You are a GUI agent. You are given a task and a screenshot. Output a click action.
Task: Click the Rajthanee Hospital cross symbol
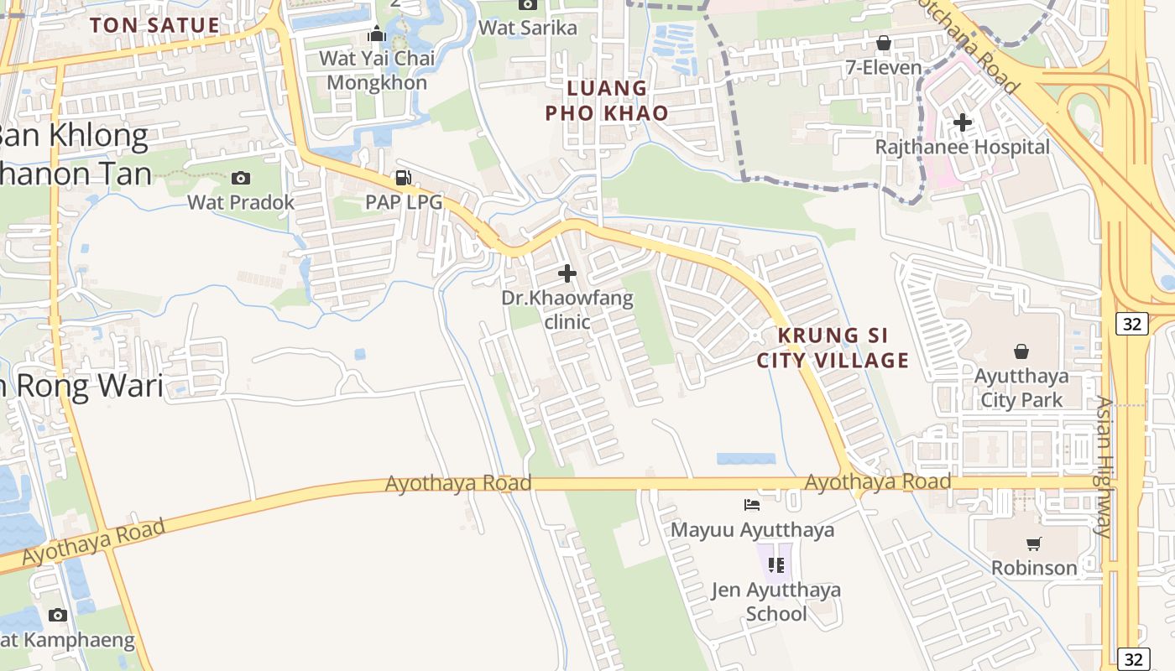pos(962,122)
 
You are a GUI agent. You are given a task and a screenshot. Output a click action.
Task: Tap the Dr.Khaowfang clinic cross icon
pos(567,273)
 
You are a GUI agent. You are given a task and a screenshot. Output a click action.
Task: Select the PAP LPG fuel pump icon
pos(404,178)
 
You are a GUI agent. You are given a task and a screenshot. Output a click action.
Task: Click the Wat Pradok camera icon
pos(241,178)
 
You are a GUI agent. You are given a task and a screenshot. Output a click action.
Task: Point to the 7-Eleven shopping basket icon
pos(883,43)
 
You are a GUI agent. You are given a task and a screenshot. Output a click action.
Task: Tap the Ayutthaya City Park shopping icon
pos(1021,351)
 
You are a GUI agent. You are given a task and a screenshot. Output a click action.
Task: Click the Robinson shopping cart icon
pos(1033,544)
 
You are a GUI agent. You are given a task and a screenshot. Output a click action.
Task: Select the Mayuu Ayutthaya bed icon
pos(752,505)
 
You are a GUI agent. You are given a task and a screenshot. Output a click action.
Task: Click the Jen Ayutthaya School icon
pos(776,564)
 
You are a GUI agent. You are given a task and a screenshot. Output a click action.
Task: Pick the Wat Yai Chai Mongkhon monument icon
pos(377,34)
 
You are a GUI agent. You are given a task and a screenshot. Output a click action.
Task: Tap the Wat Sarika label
pos(528,28)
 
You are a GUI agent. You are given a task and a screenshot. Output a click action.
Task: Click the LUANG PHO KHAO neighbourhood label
pos(607,101)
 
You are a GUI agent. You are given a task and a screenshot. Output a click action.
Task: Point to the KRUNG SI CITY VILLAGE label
pos(833,348)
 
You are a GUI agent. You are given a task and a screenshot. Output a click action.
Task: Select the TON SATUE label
pos(154,25)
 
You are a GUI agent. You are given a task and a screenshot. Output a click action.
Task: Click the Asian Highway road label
pos(1104,466)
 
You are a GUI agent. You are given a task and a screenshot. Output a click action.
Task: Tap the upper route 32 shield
pos(1131,323)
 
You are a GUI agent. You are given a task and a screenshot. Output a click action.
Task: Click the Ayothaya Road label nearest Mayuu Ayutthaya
pos(877,481)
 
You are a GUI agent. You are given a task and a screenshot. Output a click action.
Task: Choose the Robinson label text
pos(1034,568)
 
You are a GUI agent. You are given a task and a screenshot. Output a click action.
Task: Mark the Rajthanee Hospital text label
pos(962,147)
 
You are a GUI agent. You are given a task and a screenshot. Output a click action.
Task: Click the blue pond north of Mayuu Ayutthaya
pos(746,459)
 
